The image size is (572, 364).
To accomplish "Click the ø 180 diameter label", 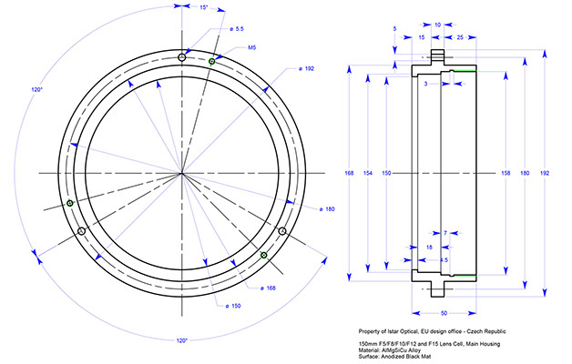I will coord(327,209).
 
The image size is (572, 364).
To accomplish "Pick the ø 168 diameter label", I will coord(269,288).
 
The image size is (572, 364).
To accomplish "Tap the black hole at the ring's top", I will coord(183,57).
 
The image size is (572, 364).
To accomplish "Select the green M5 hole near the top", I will coord(211,61).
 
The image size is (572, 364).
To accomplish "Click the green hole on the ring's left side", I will coord(71,203).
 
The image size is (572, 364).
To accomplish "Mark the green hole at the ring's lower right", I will coord(264,256).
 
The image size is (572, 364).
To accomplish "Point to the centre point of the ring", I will coord(182,172).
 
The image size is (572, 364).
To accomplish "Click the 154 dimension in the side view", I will coord(367,172).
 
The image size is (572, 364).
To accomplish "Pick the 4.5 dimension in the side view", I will coord(442,259).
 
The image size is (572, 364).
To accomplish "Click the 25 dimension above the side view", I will coord(461,38).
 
